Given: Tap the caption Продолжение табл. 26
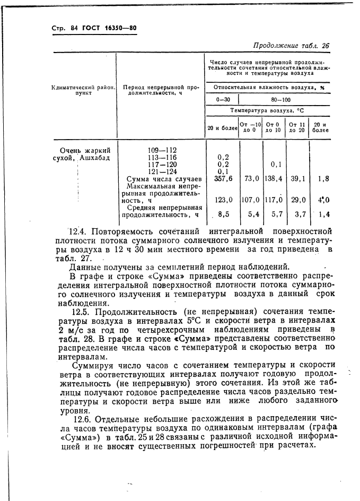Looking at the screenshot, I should coord(291,46).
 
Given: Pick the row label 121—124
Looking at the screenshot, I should coord(162,171).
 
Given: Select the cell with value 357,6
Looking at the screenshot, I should coord(223,179).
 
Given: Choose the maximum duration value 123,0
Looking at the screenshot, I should coord(223,200).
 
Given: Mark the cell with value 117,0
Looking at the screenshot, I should coord(274,200).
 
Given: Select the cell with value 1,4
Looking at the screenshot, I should coord(323,215).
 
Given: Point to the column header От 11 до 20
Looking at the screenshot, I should coord(297,127).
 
